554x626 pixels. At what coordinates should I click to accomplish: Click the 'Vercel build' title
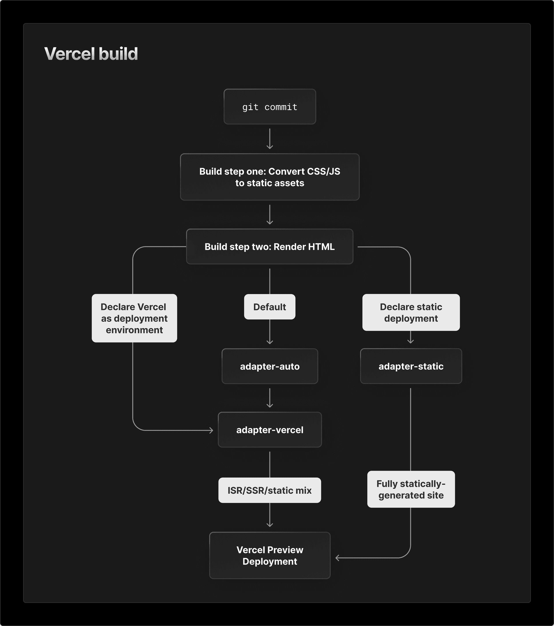point(91,54)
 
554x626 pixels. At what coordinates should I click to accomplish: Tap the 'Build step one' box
point(269,177)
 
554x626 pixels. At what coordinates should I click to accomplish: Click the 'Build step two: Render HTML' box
point(269,247)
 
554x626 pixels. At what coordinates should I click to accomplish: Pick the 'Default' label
point(269,307)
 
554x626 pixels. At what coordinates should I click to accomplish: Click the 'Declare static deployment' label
point(411,312)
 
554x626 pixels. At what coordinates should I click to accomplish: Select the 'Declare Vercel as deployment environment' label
point(134,318)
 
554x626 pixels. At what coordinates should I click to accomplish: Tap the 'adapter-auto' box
point(269,366)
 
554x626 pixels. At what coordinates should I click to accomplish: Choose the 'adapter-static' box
point(411,366)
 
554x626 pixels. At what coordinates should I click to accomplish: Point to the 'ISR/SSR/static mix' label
point(269,490)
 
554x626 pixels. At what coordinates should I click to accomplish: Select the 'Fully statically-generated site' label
point(411,490)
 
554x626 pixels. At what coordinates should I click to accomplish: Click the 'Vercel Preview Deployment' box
point(269,556)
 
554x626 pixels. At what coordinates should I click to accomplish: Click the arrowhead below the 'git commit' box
point(269,147)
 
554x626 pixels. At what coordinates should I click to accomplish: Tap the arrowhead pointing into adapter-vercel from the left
point(211,430)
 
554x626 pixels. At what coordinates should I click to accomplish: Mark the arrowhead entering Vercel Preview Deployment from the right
point(337,558)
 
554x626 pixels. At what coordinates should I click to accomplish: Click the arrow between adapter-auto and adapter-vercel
point(269,398)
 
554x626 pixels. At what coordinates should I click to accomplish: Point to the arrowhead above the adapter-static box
point(411,342)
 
